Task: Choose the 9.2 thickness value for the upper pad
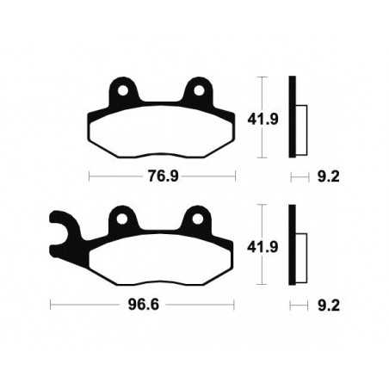tap(324, 178)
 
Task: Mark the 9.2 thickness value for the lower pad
tap(324, 306)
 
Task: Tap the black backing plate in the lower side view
tap(293, 247)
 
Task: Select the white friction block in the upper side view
tap(301, 120)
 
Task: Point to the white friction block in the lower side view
tap(301, 248)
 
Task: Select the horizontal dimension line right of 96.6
tap(198, 306)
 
